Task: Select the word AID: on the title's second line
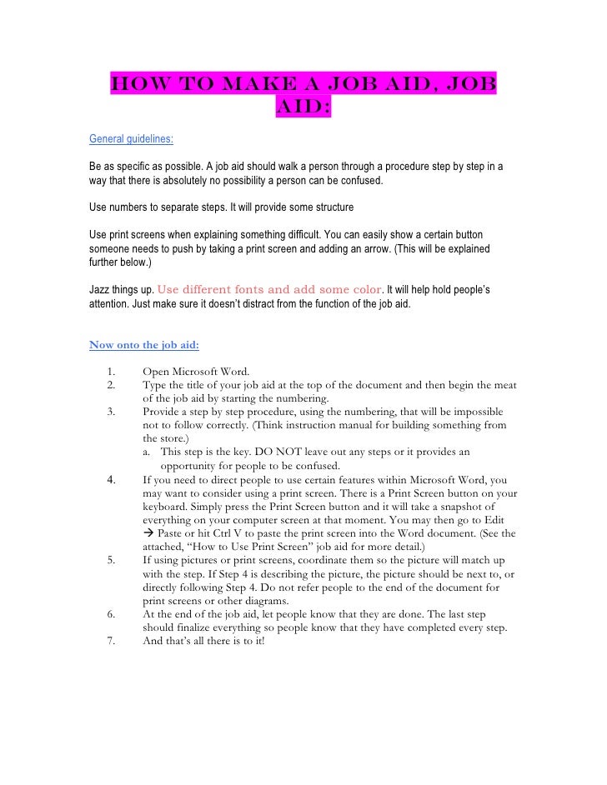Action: coord(301,111)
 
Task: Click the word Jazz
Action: coord(100,290)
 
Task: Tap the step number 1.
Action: coord(112,371)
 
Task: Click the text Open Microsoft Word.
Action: coord(201,371)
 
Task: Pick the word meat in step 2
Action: coord(504,384)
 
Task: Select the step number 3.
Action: coord(112,412)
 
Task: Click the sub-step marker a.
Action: coord(147,452)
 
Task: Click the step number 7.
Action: coord(112,642)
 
